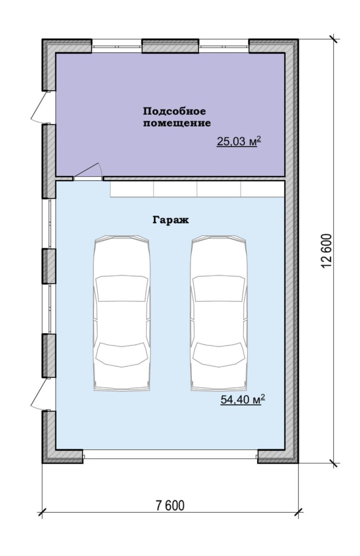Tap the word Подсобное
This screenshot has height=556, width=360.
[174, 111]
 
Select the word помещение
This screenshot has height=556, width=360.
[177, 123]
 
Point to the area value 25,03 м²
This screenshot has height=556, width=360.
[239, 141]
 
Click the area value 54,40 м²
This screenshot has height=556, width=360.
[243, 400]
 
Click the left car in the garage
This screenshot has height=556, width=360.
[122, 313]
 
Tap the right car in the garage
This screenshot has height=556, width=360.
[219, 313]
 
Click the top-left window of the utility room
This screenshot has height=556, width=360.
[117, 46]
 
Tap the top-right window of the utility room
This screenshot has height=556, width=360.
[224, 46]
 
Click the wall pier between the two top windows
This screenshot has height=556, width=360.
[170, 46]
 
